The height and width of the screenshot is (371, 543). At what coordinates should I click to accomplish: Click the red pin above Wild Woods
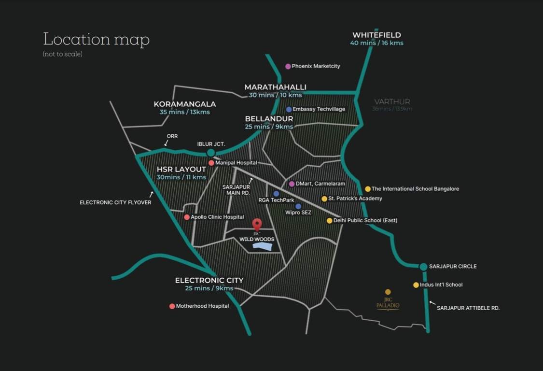click(257, 224)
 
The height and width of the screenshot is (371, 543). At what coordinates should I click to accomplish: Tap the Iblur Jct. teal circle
click(211, 153)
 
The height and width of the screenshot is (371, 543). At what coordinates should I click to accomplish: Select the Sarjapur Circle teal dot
click(423, 267)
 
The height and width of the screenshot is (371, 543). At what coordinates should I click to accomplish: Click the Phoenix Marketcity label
click(316, 66)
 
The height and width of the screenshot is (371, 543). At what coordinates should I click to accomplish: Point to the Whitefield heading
click(376, 35)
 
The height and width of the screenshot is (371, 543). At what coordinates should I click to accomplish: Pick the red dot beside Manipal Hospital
click(211, 163)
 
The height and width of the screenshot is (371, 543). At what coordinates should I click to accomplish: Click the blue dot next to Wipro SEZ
click(298, 206)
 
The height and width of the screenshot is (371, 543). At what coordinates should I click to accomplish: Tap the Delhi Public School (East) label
click(365, 221)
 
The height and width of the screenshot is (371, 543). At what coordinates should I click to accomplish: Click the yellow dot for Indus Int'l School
click(416, 285)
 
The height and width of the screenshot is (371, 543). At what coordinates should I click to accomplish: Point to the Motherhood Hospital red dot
click(172, 306)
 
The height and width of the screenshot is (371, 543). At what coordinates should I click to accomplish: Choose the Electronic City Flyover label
click(115, 202)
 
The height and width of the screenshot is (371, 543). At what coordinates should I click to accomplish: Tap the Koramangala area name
click(185, 104)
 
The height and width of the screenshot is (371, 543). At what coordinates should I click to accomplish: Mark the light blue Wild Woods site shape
click(263, 246)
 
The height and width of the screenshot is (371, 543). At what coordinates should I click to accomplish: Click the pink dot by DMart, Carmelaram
click(292, 184)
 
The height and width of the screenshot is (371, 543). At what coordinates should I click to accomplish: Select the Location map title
click(97, 39)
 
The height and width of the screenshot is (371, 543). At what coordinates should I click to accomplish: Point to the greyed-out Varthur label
click(392, 102)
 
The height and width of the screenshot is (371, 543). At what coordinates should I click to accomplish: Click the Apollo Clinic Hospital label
click(217, 217)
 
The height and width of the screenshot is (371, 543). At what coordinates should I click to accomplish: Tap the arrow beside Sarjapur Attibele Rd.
click(432, 303)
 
